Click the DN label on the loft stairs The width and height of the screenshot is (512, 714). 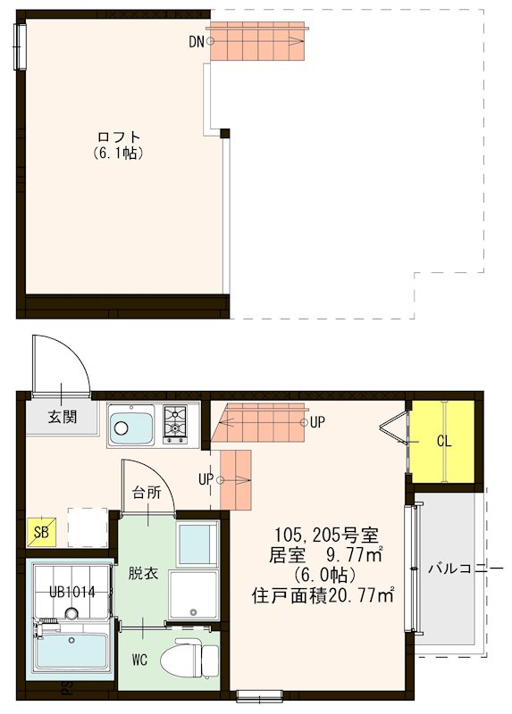196,41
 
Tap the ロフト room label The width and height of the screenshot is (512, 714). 119,137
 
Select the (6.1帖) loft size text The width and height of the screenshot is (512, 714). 119,153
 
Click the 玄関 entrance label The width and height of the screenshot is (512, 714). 62,418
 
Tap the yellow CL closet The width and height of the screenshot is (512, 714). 442,441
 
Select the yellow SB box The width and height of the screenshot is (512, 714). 40,532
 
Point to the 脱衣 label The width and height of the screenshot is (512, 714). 142,572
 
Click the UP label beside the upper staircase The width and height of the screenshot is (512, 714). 316,422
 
